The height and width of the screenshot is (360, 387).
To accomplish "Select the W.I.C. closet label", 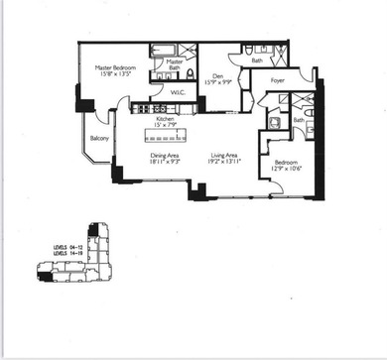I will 179,93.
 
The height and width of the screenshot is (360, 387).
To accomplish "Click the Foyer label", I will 278,81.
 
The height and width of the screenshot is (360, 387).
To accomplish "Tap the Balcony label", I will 99,139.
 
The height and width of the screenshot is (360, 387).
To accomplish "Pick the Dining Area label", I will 165,155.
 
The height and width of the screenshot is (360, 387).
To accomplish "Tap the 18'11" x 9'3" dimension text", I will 165,162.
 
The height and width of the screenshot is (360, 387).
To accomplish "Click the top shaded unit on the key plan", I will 92,230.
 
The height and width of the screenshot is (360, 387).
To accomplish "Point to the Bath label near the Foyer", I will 257,60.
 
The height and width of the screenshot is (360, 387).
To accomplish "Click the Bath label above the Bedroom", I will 299,120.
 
